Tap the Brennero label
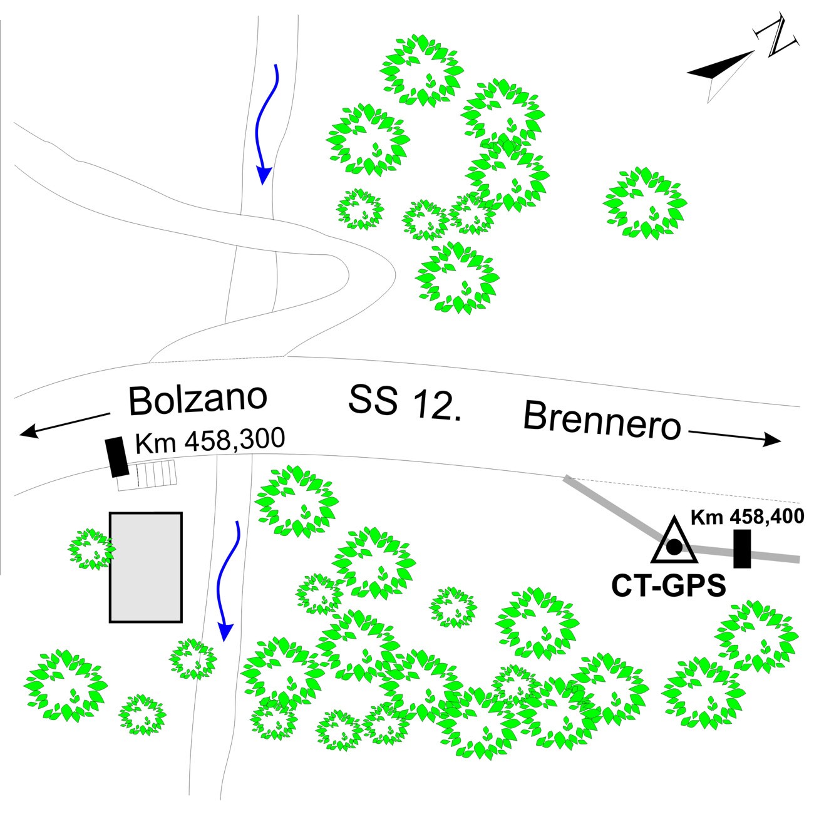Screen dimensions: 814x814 coord(602,421)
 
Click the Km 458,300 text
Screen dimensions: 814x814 coord(210,440)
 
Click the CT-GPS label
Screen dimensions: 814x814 coord(668,587)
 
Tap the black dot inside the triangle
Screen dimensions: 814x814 coord(674,547)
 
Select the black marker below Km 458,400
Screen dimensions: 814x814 coord(742,549)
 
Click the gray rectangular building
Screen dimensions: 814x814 coord(146,567)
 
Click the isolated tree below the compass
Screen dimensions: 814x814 coord(644,203)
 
